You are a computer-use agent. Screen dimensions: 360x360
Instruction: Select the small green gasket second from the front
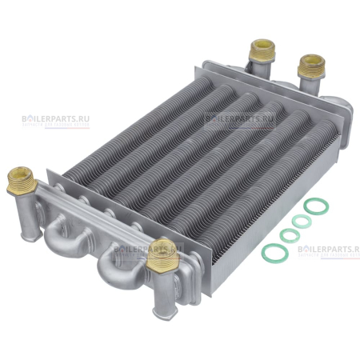[x=286, y=237]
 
